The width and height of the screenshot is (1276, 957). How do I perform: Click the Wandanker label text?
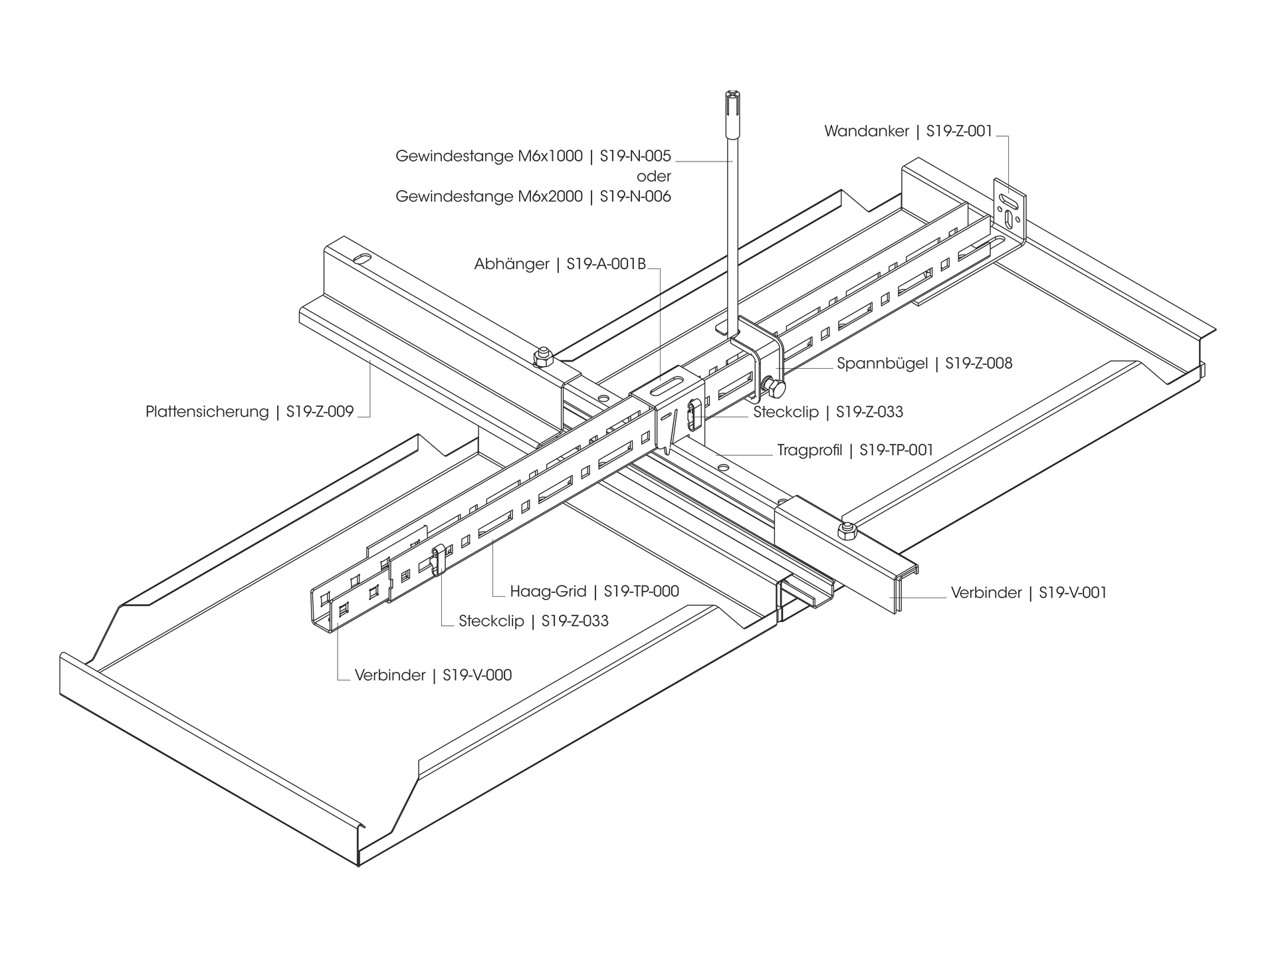(x=866, y=131)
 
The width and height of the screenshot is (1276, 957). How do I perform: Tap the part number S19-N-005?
(x=635, y=156)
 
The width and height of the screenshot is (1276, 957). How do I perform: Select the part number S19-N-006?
(x=635, y=197)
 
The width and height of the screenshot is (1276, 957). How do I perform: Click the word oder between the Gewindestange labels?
(x=654, y=177)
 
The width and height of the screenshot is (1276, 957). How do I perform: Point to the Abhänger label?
(x=511, y=265)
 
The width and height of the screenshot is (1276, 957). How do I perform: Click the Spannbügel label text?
(x=882, y=364)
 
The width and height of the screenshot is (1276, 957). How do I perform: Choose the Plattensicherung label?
(x=207, y=412)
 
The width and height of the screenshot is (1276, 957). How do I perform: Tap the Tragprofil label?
(x=809, y=451)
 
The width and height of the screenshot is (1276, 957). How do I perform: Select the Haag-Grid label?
(x=548, y=591)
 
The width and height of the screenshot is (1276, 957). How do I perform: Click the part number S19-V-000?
(x=477, y=675)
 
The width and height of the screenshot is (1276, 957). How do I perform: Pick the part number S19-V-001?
(x=1073, y=593)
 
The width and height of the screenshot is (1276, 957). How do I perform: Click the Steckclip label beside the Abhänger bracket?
(x=786, y=412)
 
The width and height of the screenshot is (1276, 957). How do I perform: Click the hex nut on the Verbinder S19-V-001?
(x=847, y=530)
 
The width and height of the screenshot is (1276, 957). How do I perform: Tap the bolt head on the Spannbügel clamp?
(x=774, y=385)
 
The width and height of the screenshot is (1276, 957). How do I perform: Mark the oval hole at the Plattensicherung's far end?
(x=363, y=258)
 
